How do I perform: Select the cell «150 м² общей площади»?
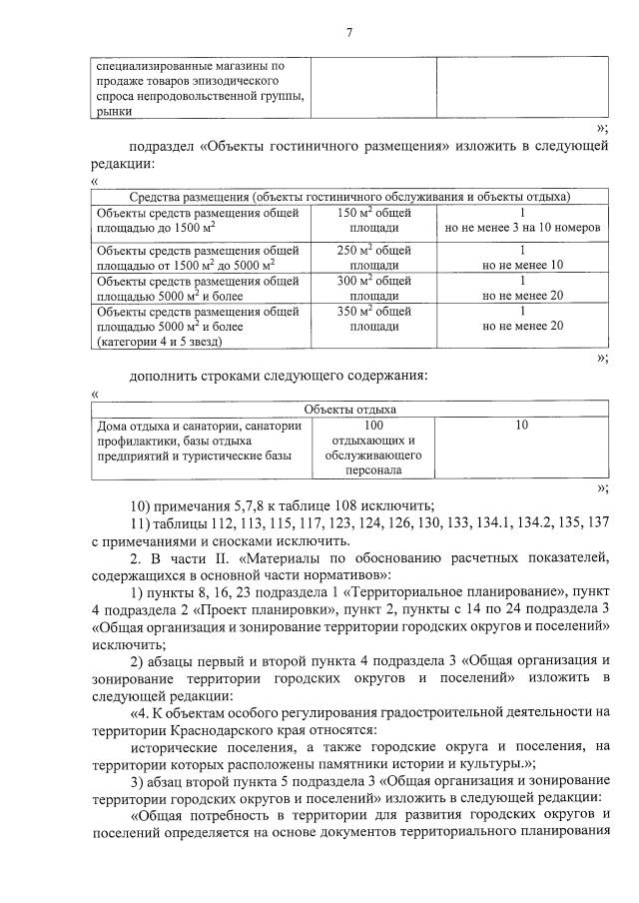pyautogui.click(x=374, y=220)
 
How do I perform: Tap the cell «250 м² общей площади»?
pyautogui.click(x=374, y=257)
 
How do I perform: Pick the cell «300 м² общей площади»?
pyautogui.click(x=374, y=289)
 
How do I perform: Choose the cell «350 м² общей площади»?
pyautogui.click(x=374, y=318)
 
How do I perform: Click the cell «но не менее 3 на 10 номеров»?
pyautogui.click(x=522, y=228)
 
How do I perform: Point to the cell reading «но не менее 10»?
pyautogui.click(x=522, y=265)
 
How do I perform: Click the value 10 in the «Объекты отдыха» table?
pyautogui.click(x=522, y=425)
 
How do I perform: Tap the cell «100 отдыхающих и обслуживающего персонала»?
pyautogui.click(x=374, y=447)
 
